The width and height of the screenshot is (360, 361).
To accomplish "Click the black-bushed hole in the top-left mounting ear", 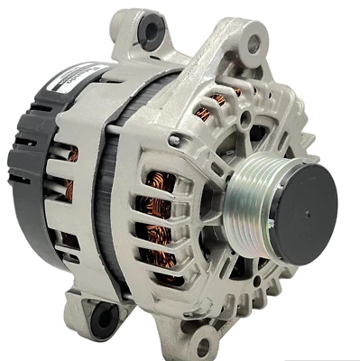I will tap(148, 32).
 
